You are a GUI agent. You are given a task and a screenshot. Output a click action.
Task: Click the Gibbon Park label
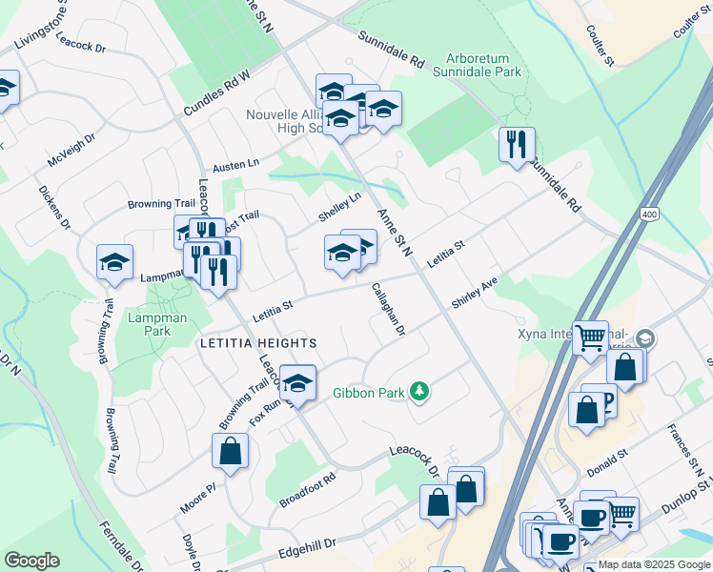(367, 392)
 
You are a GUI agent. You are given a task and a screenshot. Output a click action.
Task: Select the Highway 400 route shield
(649, 214)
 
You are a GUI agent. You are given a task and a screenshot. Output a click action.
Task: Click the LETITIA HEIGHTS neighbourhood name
(256, 342)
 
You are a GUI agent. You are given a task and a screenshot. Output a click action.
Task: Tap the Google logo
(31, 561)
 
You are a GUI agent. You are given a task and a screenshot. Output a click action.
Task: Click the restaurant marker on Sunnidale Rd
(517, 145)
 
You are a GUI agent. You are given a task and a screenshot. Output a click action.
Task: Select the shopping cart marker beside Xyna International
(591, 337)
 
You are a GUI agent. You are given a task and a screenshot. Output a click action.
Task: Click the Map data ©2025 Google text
(654, 564)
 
